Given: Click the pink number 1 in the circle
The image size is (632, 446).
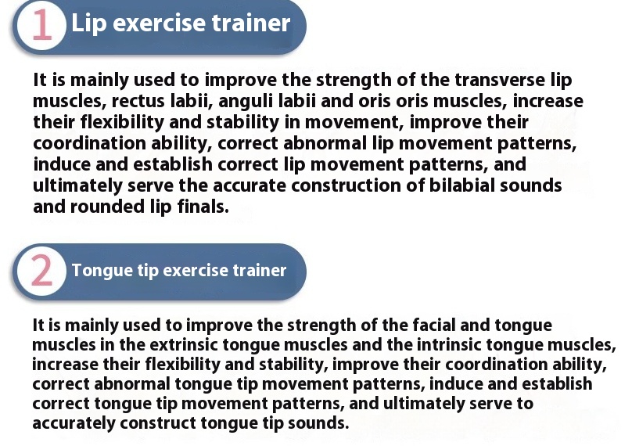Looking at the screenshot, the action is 42,25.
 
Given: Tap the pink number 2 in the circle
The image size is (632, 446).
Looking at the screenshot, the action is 41,271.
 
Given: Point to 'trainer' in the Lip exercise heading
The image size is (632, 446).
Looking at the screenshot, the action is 251,23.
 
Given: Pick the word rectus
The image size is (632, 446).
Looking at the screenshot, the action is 138,101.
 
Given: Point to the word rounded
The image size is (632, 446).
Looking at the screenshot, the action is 107,207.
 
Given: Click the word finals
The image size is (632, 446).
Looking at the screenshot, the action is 203,207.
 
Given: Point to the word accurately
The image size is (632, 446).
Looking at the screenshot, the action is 74,423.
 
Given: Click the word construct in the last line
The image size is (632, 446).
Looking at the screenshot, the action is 158,423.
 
